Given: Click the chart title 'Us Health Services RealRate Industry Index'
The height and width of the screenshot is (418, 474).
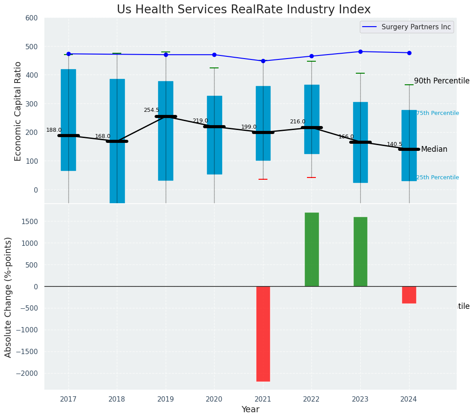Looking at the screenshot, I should click(243, 10).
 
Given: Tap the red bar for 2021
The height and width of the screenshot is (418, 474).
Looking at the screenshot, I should click(263, 334).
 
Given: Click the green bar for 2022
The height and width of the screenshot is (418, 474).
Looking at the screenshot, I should click(311, 249).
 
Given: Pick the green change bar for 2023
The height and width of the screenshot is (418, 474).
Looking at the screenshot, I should click(360, 252).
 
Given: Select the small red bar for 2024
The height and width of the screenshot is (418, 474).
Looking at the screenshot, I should click(409, 295).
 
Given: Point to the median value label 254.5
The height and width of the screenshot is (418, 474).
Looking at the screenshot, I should click(151, 110).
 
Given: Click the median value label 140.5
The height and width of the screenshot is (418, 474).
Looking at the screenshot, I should click(394, 144).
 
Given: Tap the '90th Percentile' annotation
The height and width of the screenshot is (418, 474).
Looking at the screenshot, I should click(442, 81).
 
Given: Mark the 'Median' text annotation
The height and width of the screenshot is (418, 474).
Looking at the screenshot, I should click(434, 149).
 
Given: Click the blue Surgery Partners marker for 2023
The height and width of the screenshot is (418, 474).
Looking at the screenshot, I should click(360, 51).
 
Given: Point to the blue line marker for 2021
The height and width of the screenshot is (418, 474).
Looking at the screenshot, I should click(263, 61).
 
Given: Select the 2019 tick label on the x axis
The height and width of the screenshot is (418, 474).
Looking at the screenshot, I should click(166, 399).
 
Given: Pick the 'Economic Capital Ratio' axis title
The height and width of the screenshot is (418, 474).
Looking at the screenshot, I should click(18, 111).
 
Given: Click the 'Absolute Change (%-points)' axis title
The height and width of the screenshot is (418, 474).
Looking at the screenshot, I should click(8, 297).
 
